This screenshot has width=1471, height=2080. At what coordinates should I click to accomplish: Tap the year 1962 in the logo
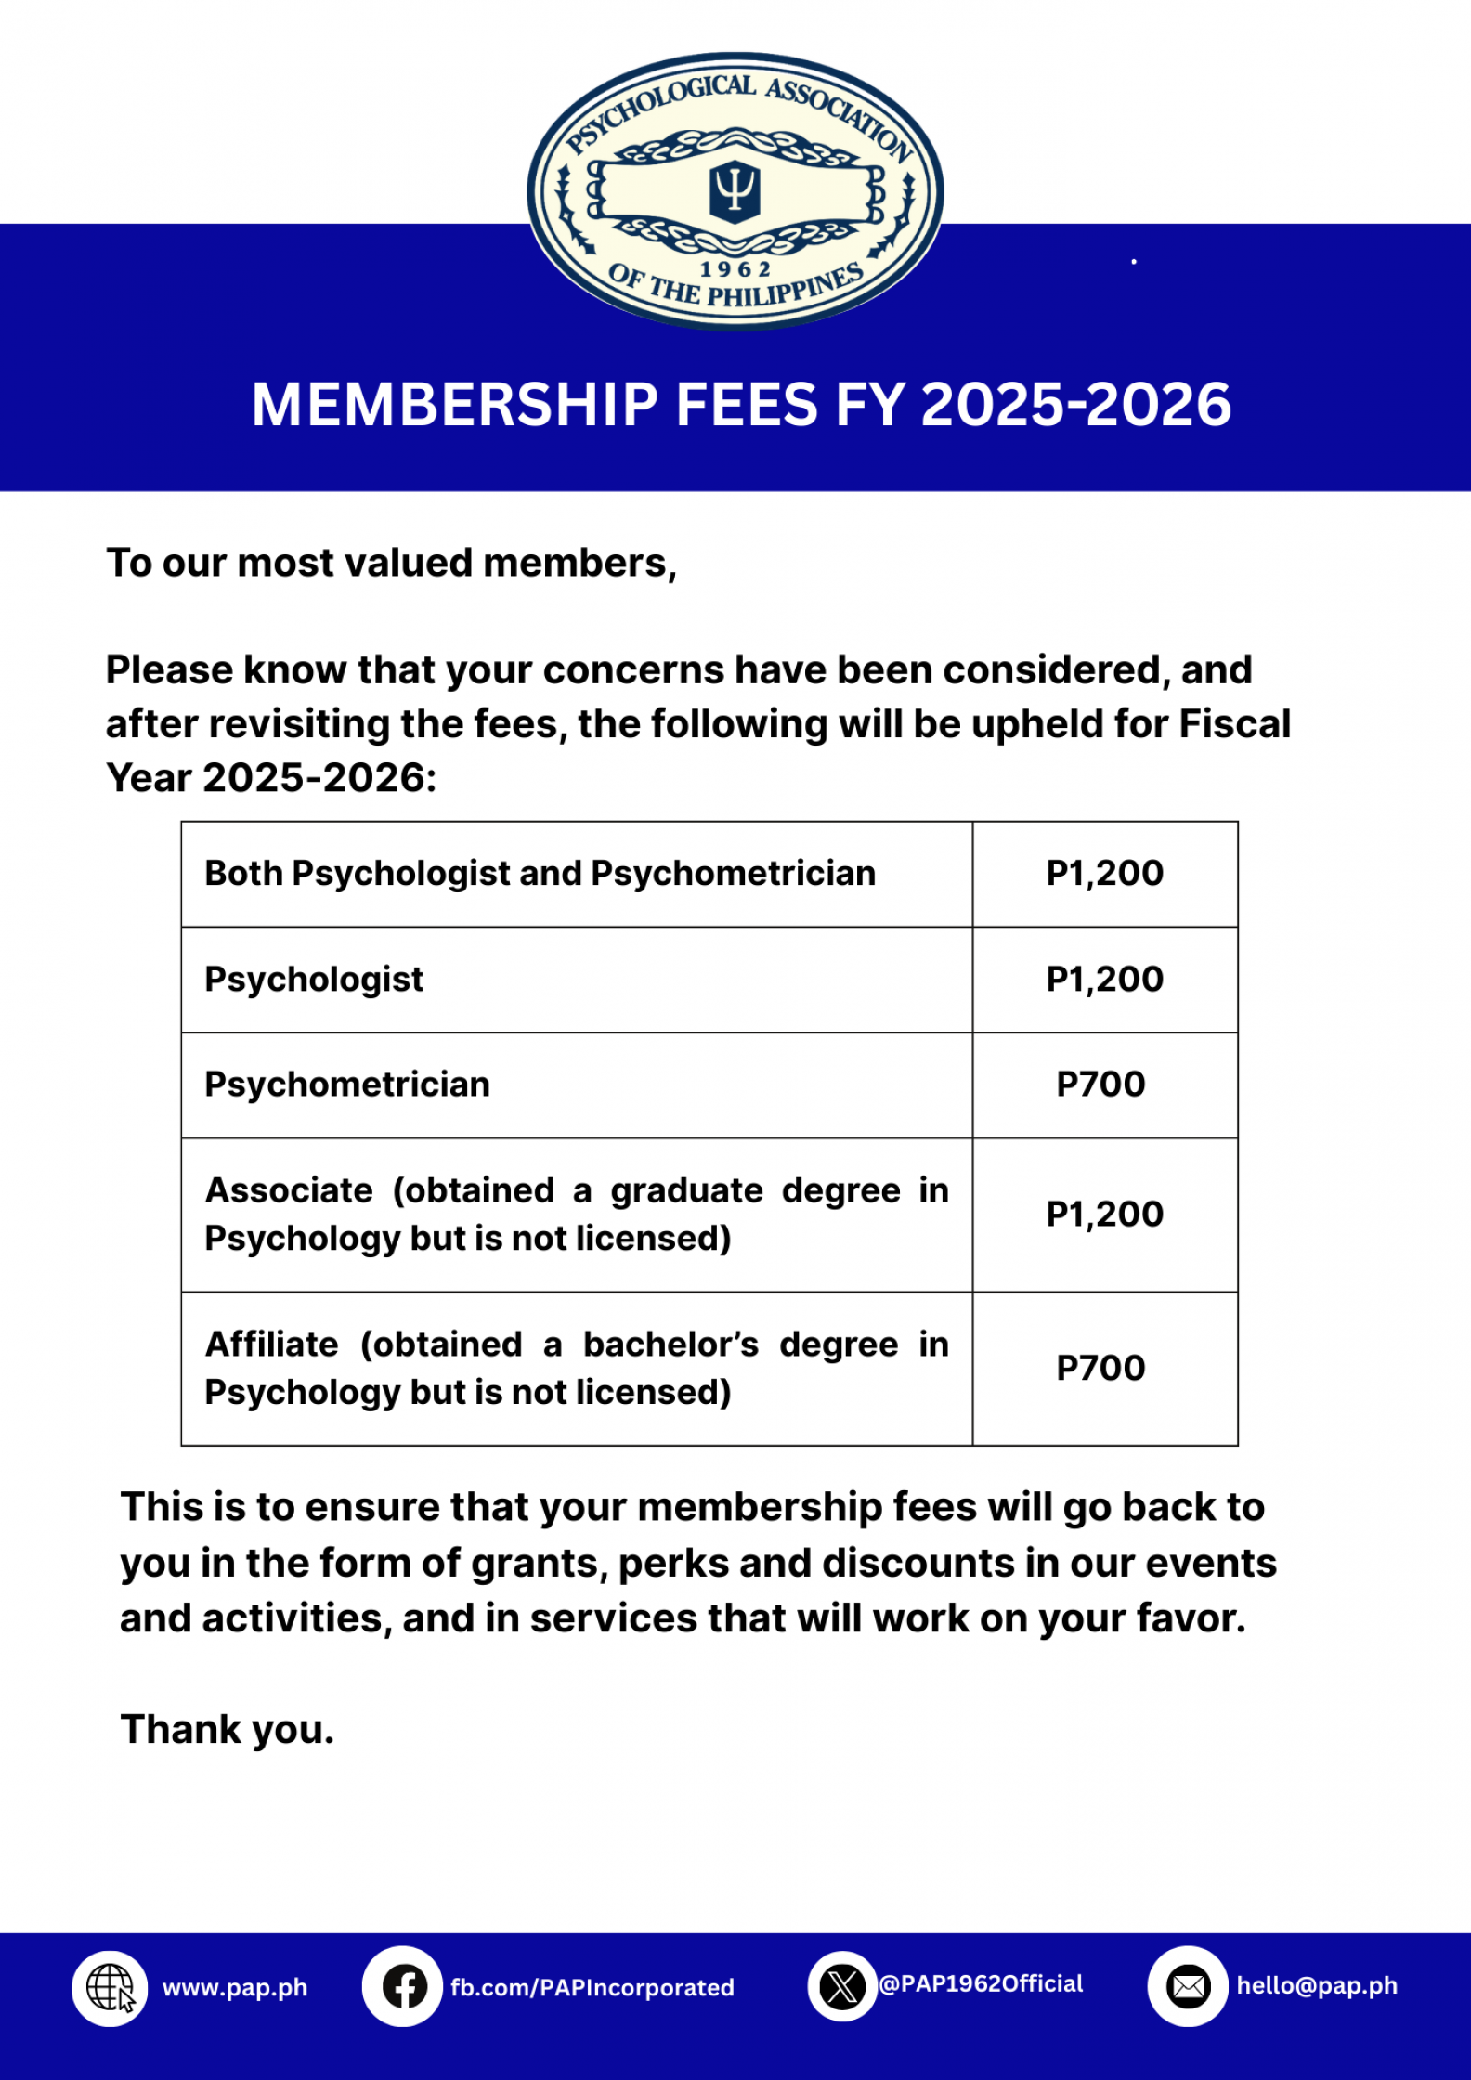pyautogui.click(x=735, y=269)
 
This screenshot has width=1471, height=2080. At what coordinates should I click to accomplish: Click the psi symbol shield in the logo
pyautogui.click(x=735, y=189)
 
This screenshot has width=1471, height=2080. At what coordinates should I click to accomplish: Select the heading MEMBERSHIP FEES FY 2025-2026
pyautogui.click(x=741, y=405)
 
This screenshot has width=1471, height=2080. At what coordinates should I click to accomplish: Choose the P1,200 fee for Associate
pyautogui.click(x=1104, y=1215)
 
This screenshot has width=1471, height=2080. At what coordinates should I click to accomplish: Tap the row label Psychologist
pyautogui.click(x=314, y=980)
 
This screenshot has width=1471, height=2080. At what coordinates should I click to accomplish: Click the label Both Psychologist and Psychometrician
pyautogui.click(x=540, y=874)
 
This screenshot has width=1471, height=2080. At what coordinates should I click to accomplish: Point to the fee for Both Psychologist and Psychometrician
pyautogui.click(x=1104, y=874)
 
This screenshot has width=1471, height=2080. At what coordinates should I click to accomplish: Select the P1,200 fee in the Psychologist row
pyautogui.click(x=1104, y=980)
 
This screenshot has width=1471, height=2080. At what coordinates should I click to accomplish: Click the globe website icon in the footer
pyautogui.click(x=110, y=1988)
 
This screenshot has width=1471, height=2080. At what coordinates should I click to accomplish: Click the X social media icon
pyautogui.click(x=842, y=1987)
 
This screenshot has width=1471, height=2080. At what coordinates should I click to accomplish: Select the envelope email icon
pyautogui.click(x=1188, y=1987)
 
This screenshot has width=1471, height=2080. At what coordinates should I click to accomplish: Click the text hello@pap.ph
pyautogui.click(x=1316, y=1986)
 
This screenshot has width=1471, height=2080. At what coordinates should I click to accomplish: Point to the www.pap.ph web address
pyautogui.click(x=235, y=1988)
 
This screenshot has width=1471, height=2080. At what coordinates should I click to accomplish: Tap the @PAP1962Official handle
pyautogui.click(x=981, y=1984)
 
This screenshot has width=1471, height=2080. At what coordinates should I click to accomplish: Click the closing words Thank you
pyautogui.click(x=227, y=1730)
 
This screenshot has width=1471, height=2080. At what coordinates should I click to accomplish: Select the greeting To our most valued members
pyautogui.click(x=391, y=564)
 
